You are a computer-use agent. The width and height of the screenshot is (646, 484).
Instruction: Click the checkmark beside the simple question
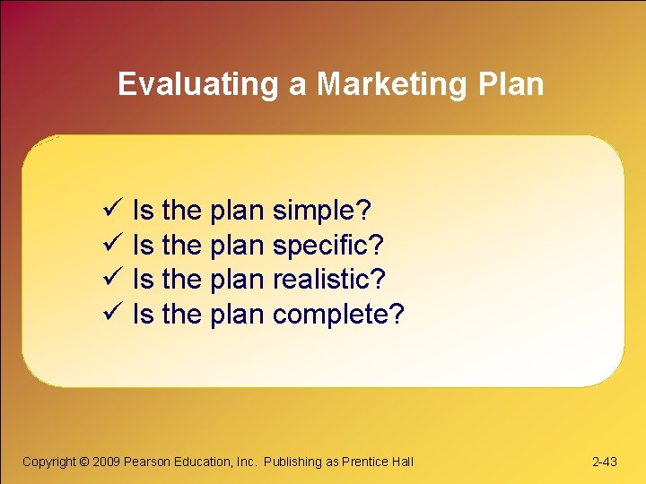[x=112, y=211]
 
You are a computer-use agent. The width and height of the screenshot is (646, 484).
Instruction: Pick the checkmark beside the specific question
[x=112, y=245]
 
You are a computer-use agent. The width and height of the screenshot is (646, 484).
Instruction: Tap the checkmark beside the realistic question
[x=112, y=280]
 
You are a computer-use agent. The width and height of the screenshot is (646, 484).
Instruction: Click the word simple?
[x=321, y=212]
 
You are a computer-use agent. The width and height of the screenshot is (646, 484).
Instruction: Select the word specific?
[x=327, y=246]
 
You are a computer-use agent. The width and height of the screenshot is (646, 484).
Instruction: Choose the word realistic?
[x=328, y=280]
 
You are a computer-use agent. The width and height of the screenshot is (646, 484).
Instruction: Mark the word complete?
[x=338, y=315]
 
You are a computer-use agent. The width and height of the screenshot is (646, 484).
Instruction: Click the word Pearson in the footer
[x=147, y=462]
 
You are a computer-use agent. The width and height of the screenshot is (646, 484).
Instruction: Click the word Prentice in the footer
[x=365, y=462]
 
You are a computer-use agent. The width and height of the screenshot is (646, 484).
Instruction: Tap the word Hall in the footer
[x=402, y=462]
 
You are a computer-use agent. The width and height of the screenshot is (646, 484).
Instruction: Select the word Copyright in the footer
[x=49, y=462]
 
